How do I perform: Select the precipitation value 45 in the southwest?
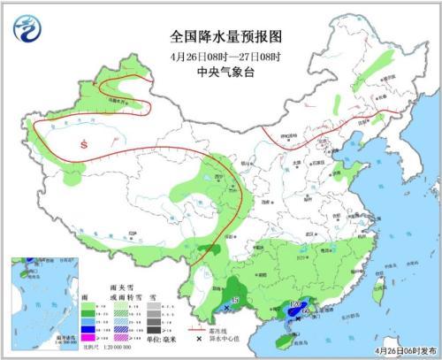[x=234, y=303]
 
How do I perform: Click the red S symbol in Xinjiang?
[x=84, y=144]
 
